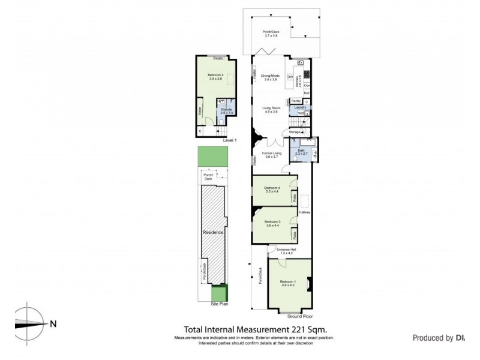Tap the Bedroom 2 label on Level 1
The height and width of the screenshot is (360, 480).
[215, 77]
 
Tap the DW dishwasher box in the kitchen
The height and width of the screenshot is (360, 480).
[290, 77]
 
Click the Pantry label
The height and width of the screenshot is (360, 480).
[295, 101]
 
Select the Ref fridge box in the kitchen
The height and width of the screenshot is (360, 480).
[306, 93]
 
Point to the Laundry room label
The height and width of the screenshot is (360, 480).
[300, 107]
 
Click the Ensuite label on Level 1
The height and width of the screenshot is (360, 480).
[226, 110]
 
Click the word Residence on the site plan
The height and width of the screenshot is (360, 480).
[212, 232]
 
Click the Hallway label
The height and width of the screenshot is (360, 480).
[304, 212]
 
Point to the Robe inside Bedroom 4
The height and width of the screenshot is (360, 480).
[294, 198]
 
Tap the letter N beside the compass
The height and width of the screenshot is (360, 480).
[53, 325]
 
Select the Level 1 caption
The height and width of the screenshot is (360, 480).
[230, 140]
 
